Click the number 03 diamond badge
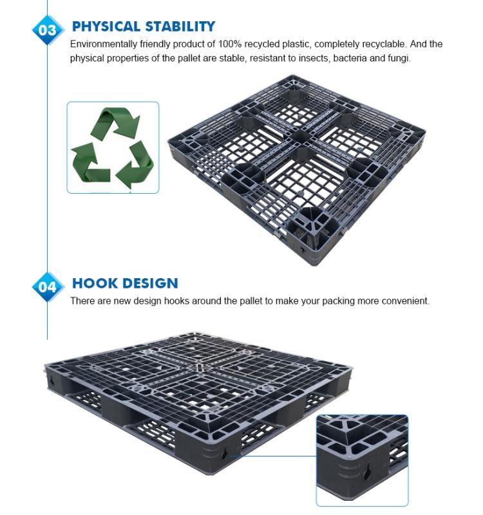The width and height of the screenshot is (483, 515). click(x=47, y=30)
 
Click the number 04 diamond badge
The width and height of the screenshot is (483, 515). click(x=47, y=287)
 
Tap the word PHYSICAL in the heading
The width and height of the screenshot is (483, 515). click(x=106, y=26)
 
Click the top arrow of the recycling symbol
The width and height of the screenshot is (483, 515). click(x=117, y=122)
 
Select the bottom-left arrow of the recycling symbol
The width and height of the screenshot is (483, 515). click(x=90, y=163)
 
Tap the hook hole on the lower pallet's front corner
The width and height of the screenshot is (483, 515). click(x=224, y=455)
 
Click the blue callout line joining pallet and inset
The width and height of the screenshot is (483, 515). click(x=272, y=456)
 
